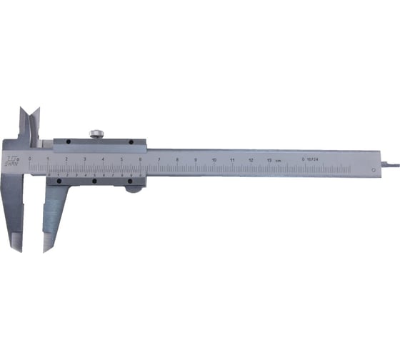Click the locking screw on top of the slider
tap(96, 133)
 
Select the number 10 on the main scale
tap(214, 159)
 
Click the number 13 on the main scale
tap(269, 160)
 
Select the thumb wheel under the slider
tap(132, 187)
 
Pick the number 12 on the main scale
tap(251, 160)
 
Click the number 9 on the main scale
tap(196, 159)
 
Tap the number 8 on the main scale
tap(177, 159)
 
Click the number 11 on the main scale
tap(233, 159)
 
